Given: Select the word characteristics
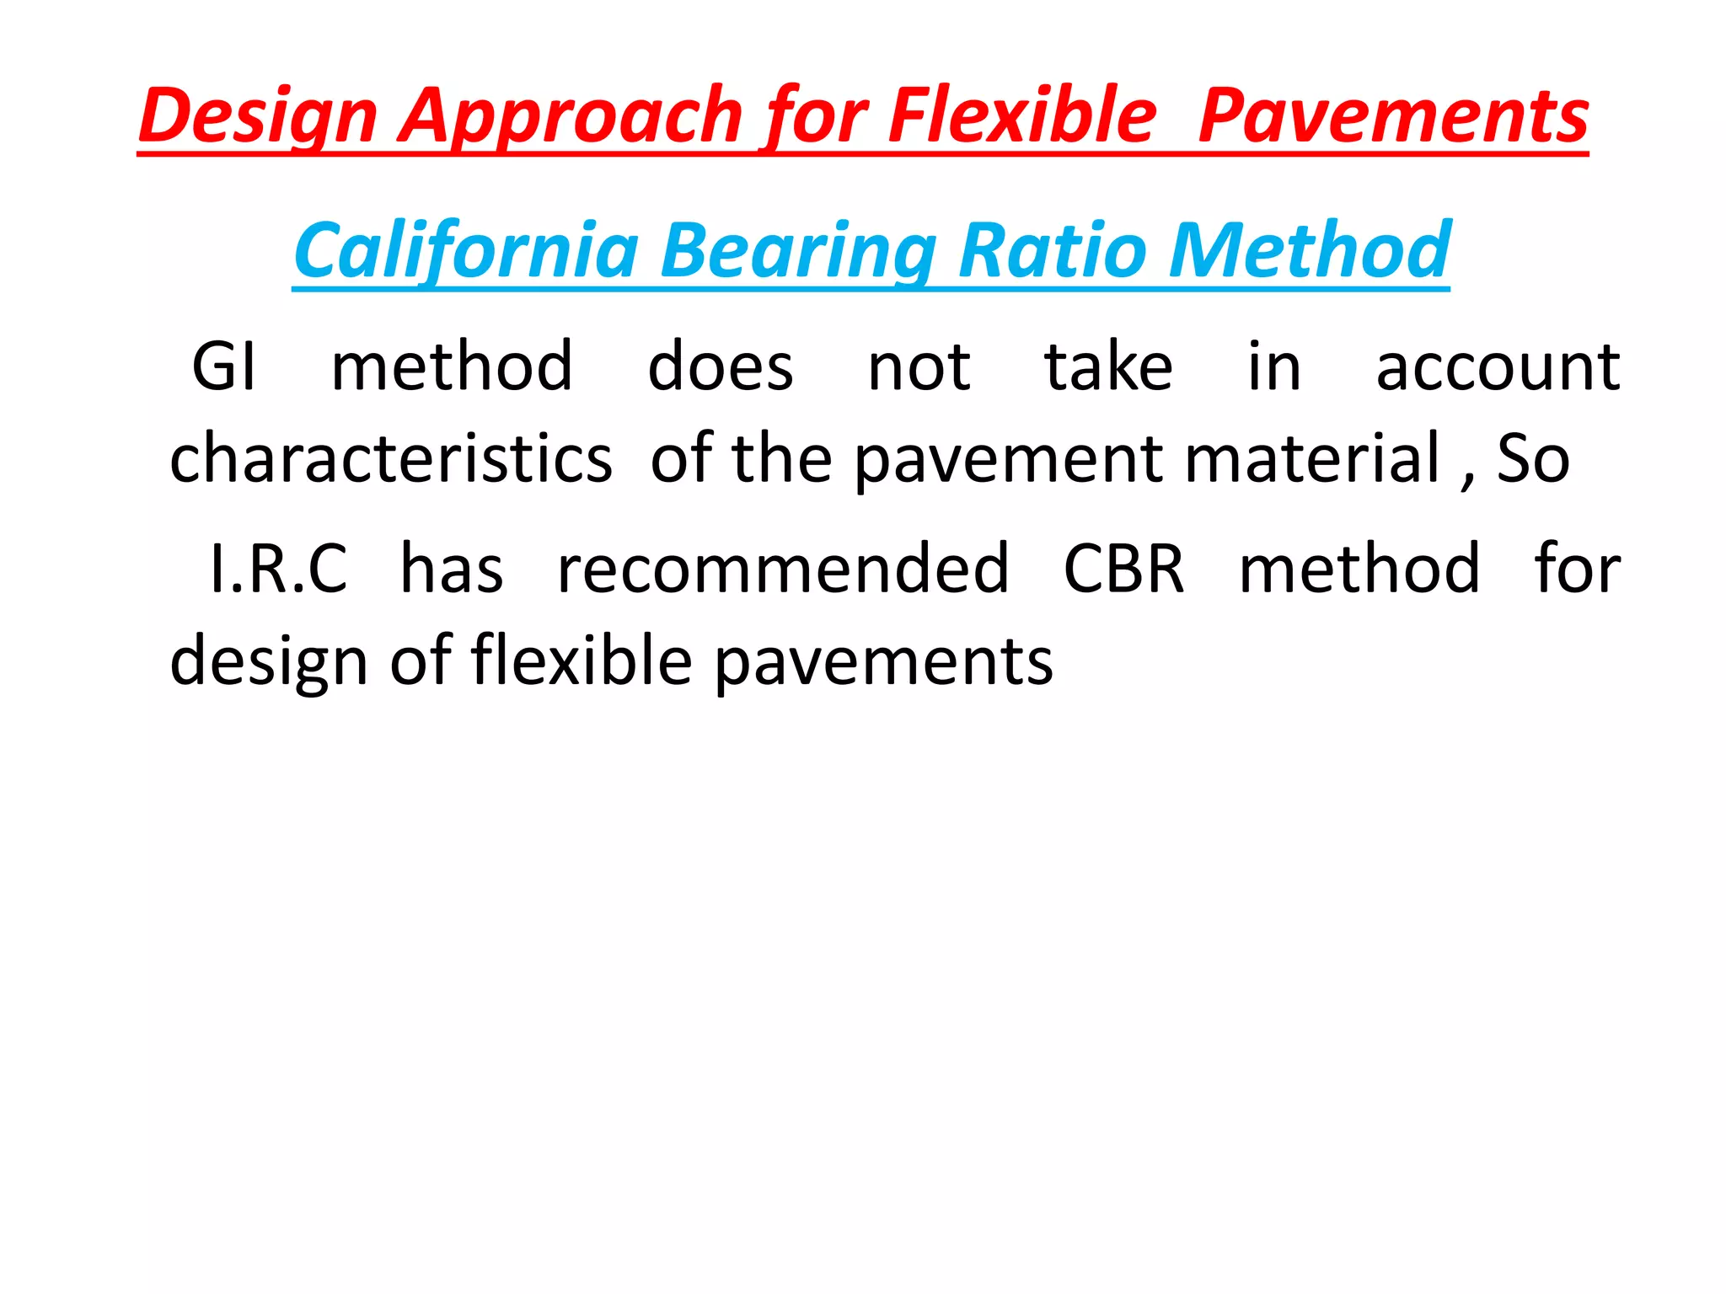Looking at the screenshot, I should click(x=391, y=458).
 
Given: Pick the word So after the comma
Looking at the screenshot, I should click(x=1533, y=458).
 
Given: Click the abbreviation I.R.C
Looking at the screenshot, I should click(x=278, y=569).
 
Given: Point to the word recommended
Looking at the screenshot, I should click(x=783, y=569).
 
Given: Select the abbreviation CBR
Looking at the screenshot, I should click(x=1123, y=569).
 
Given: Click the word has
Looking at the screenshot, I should click(x=452, y=569).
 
